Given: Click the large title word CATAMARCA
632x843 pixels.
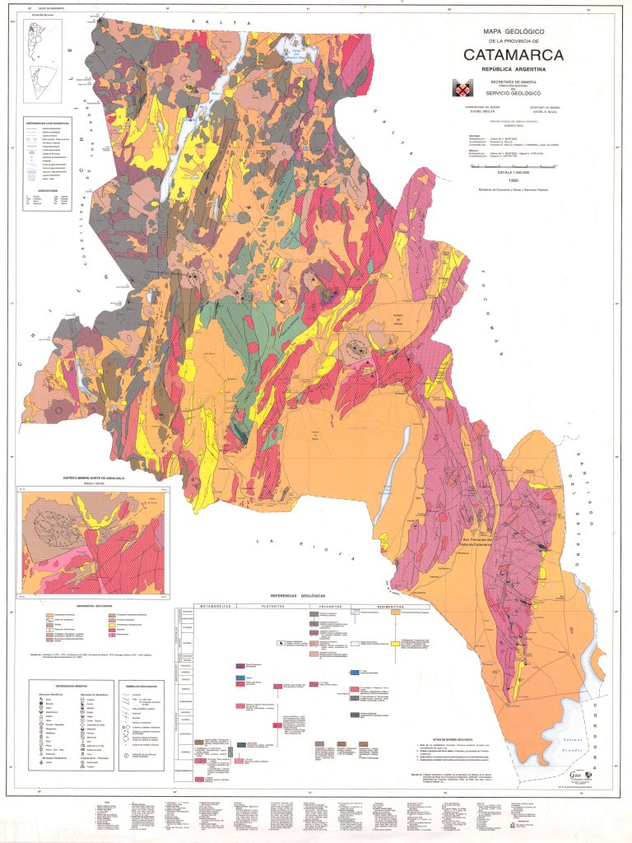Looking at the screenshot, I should click(513, 55).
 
